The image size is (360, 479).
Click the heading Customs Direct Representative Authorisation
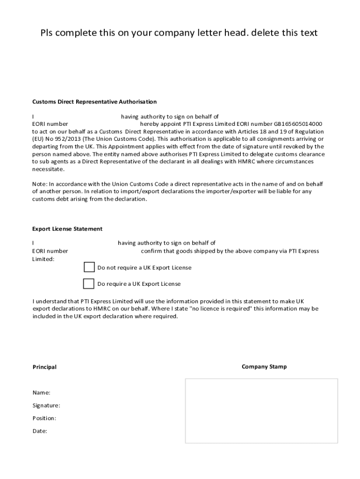[94, 102]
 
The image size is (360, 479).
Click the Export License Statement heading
[67, 229]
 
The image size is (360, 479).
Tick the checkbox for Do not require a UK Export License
[89, 267]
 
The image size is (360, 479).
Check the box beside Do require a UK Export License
[88, 283]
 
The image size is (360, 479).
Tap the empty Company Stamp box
[261, 411]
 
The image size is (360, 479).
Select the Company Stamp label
[264, 367]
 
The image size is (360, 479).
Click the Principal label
[44, 367]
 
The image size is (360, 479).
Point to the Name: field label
[41, 392]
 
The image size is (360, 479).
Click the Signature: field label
[46, 406]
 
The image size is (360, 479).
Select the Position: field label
[44, 418]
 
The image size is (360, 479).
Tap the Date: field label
[39, 431]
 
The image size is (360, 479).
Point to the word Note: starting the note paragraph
[39, 184]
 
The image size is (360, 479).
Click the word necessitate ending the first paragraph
[48, 169]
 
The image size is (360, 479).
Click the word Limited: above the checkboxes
[43, 259]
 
